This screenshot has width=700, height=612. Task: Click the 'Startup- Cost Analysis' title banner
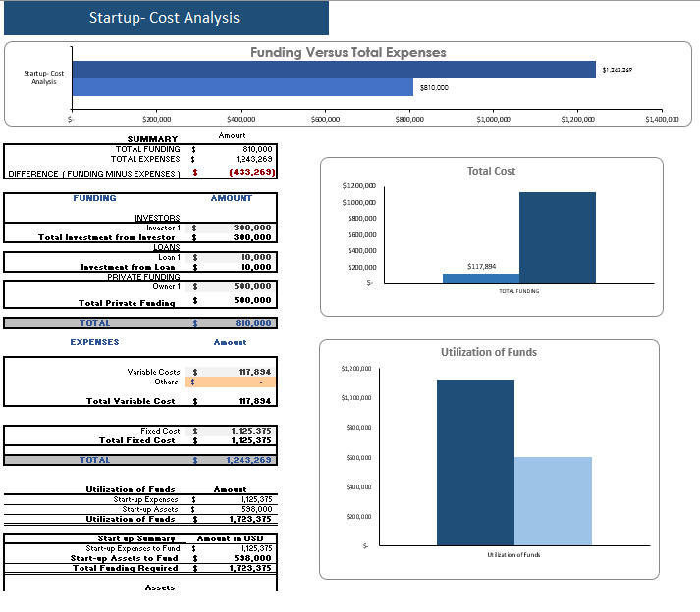tap(164, 18)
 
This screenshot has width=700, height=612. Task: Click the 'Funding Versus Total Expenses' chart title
tap(348, 52)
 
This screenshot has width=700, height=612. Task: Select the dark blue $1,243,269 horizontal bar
tap(334, 70)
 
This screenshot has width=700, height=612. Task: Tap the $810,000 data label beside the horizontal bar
tap(434, 87)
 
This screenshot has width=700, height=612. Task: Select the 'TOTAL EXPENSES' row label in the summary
tap(145, 158)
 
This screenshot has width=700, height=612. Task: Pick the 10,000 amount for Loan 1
tap(255, 257)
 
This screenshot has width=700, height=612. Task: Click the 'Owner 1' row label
tap(164, 286)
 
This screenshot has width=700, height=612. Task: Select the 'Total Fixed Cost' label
tap(139, 440)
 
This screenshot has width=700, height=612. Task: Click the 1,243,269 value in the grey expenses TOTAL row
tap(248, 460)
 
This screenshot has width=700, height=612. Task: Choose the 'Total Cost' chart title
tap(491, 171)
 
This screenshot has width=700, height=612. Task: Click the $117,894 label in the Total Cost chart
tap(481, 266)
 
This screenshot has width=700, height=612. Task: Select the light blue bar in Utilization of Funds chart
tap(553, 501)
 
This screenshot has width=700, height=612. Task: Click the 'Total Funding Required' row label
tap(125, 568)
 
